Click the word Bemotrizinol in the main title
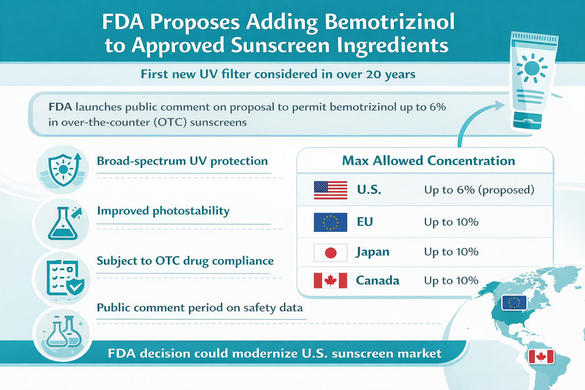click(389, 22)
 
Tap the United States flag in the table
click(330, 190)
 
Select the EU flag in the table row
click(330, 222)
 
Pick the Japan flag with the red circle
click(330, 253)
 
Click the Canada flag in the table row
click(330, 281)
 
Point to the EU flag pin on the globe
click(514, 303)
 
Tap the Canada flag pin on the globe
click(541, 357)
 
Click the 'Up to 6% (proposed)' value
click(479, 190)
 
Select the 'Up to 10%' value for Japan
click(451, 252)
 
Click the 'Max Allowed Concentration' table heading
click(428, 161)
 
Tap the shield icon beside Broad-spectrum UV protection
click(64, 169)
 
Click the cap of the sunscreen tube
click(527, 121)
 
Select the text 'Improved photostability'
click(163, 211)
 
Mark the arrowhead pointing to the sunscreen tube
click(500, 105)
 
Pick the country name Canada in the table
click(377, 281)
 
